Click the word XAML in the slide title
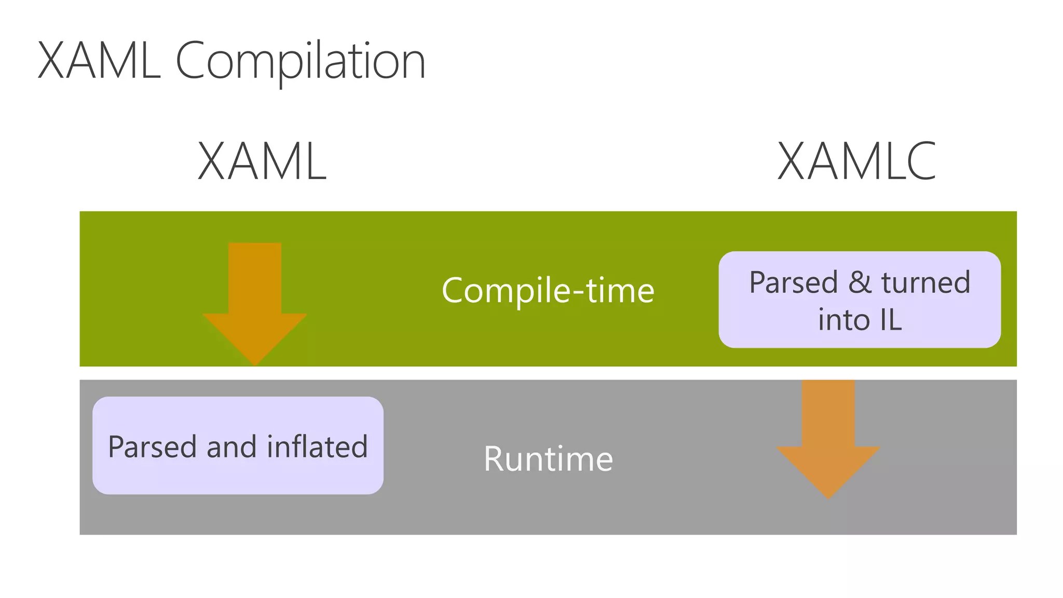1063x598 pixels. [99, 61]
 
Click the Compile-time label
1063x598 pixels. [548, 291]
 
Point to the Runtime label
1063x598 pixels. [548, 459]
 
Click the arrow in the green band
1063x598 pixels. [255, 301]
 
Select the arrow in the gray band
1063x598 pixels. [828, 436]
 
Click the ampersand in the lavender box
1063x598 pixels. [860, 282]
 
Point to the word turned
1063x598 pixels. [925, 283]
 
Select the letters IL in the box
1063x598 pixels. [891, 320]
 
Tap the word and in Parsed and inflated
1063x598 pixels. [231, 447]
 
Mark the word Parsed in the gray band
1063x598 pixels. [153, 447]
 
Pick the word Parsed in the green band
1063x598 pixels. [793, 283]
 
